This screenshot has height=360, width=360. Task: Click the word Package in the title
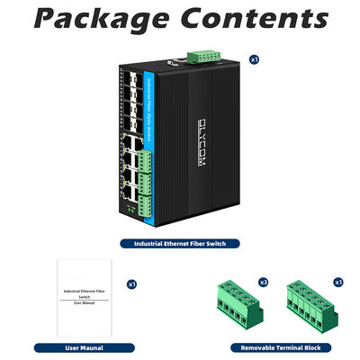(x=101, y=20)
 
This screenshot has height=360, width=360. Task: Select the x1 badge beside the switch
(x=255, y=60)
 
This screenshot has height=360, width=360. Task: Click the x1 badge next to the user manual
(x=131, y=283)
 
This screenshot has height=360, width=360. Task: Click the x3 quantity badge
(x=264, y=283)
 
